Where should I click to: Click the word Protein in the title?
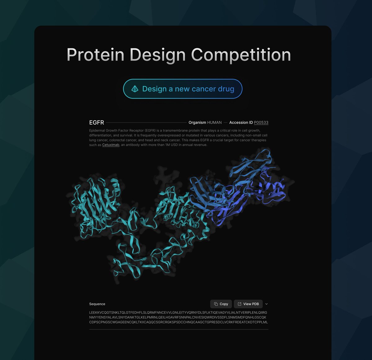tap(95, 55)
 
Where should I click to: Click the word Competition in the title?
tap(241, 55)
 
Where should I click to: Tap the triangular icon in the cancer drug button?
tap(135, 89)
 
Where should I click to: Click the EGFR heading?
tap(96, 122)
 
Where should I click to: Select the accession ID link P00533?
tap(261, 122)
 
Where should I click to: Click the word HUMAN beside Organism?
tap(214, 122)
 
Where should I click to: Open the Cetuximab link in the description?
tap(111, 145)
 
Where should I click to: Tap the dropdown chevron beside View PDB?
tap(267, 304)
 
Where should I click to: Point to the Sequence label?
tap(97, 304)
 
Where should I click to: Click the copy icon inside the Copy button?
tap(216, 304)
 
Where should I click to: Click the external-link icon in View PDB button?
tap(239, 304)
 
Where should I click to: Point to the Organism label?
tap(197, 122)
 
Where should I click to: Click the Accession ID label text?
tap(241, 122)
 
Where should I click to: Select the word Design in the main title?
tap(157, 55)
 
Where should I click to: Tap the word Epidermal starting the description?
tap(97, 130)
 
